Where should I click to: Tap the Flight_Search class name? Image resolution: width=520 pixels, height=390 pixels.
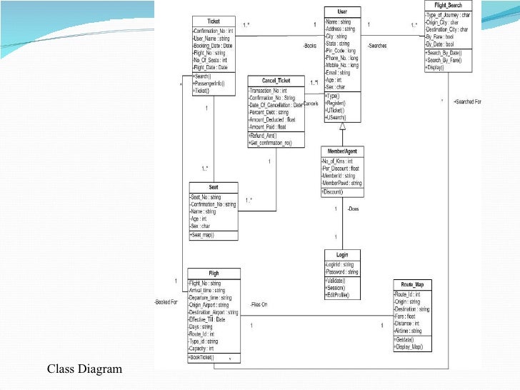[x=448, y=5]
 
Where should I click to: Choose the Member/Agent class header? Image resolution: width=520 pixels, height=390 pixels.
[x=341, y=151]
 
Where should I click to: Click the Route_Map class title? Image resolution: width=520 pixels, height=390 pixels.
[x=412, y=284]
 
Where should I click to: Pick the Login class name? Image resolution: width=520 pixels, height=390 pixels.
[x=341, y=254]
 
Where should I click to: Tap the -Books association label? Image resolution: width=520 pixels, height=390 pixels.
[x=309, y=46]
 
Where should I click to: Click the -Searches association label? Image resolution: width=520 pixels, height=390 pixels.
[x=378, y=46]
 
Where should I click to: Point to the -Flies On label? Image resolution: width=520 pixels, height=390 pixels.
[x=259, y=305]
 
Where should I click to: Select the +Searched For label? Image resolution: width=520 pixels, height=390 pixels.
[x=467, y=102]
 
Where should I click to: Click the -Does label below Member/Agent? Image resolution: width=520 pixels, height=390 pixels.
[x=353, y=209]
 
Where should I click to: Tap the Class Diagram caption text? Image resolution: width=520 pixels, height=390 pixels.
[x=85, y=369]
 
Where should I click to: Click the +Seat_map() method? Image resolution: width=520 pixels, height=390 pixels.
[x=204, y=235]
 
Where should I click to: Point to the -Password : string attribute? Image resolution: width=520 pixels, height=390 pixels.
[x=341, y=272]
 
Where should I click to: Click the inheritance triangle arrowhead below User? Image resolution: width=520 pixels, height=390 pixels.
[x=342, y=126]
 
